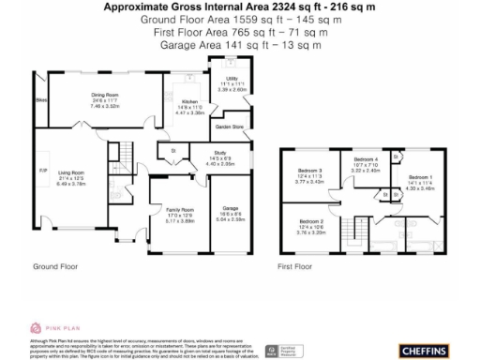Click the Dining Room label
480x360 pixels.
click(x=105, y=95)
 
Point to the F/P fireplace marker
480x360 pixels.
click(x=41, y=170)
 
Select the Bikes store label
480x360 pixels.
click(x=40, y=98)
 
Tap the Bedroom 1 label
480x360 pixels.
click(x=421, y=176)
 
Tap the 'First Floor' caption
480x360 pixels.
click(x=294, y=266)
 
